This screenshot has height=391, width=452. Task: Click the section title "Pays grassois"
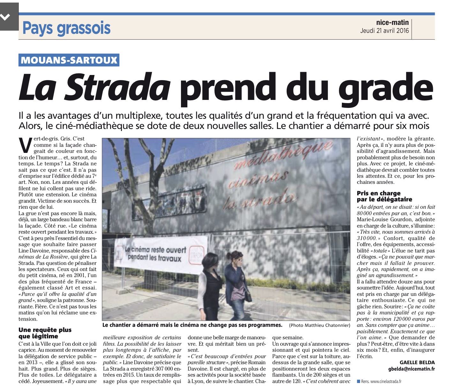tap(66, 28)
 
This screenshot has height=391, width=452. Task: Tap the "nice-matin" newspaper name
tap(392, 22)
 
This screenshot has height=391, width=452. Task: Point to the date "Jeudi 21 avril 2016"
tap(384, 31)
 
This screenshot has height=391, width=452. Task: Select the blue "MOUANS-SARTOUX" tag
tap(69, 60)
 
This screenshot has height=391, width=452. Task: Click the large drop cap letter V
tap(25, 145)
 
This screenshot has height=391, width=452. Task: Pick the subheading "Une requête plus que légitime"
tap(45, 333)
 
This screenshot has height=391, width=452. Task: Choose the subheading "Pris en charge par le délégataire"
tap(384, 196)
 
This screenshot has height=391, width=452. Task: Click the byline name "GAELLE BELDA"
tap(417, 363)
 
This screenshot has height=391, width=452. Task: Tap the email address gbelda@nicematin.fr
tap(410, 369)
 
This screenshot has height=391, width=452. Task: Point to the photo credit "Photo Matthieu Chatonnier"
tap(319, 325)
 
